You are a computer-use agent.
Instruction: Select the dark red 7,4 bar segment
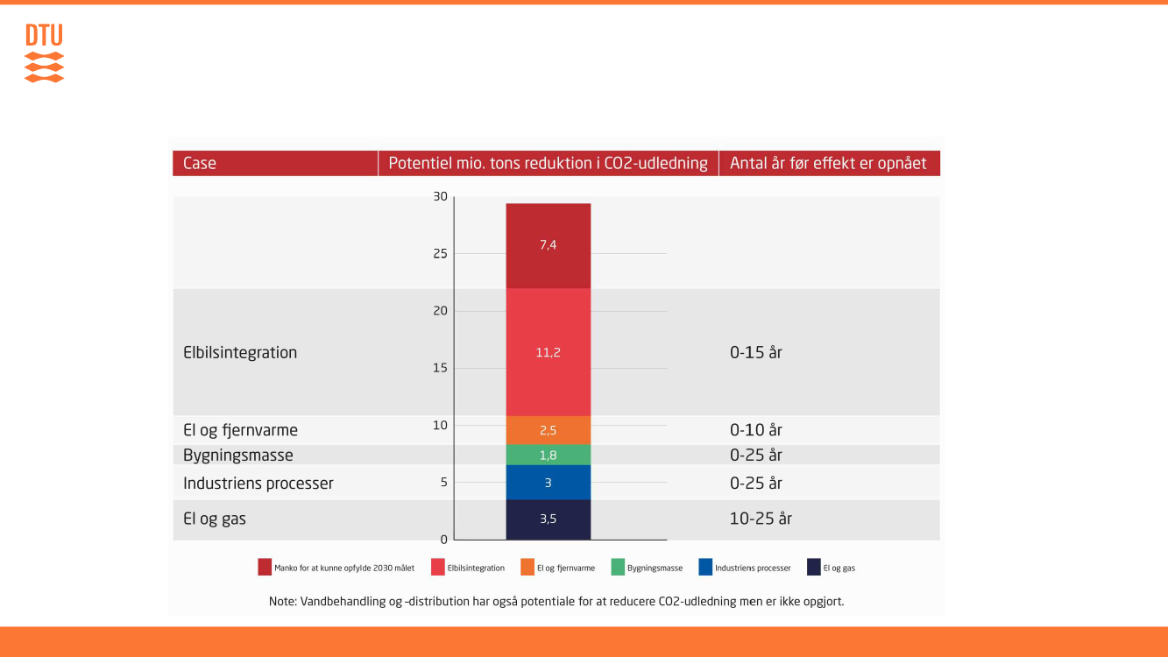pos(548,245)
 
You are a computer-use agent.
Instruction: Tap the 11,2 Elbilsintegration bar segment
pos(548,352)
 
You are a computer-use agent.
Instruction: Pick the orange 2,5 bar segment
pos(548,430)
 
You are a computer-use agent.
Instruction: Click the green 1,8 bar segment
pos(548,456)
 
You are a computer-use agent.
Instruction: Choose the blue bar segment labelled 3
pos(548,483)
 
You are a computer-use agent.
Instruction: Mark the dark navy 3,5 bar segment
pos(548,519)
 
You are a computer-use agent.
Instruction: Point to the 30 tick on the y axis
pos(440,197)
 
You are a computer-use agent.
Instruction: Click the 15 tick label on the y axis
pos(440,368)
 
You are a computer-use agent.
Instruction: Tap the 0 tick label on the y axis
pos(443,540)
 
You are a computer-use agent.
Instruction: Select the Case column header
pos(200,163)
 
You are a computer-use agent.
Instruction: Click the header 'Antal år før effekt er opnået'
pos(828,163)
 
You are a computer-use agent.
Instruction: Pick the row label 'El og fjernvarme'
pos(240,430)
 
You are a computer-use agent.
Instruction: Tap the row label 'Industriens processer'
pos(258,484)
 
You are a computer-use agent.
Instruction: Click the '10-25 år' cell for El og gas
pos(761,519)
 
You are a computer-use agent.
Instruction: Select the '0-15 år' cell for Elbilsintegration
pos(755,352)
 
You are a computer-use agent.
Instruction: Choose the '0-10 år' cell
pos(755,430)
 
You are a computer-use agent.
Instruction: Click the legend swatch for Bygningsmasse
pos(619,568)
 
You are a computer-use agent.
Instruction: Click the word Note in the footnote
pos(283,602)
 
